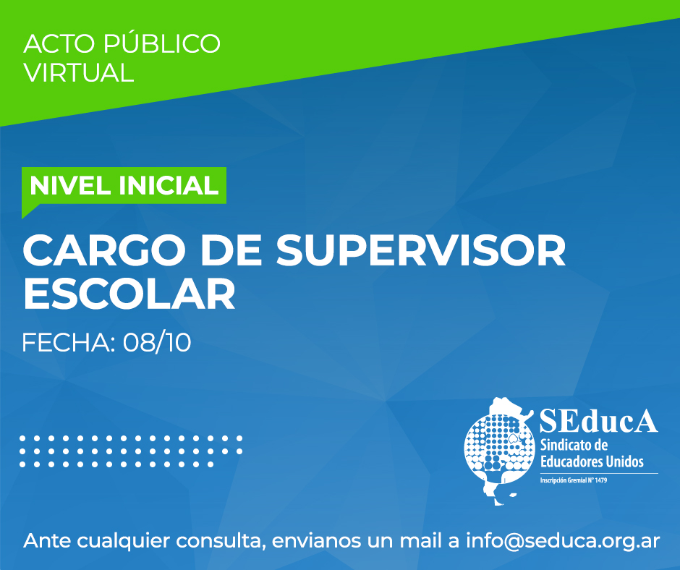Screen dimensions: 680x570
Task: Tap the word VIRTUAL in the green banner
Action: coord(79,72)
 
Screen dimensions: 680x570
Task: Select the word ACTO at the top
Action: coord(59,43)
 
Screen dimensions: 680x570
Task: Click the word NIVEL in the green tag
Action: coord(70,186)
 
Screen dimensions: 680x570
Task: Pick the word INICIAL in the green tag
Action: coord(168,186)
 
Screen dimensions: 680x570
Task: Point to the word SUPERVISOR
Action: coord(421,251)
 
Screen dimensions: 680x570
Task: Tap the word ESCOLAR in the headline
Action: coord(129,295)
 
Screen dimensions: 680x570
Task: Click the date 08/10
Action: coord(157,343)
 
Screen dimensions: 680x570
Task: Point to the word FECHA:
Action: coord(68,343)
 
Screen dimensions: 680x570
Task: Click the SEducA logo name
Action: coord(598,420)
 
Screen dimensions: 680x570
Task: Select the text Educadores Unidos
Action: coord(592,461)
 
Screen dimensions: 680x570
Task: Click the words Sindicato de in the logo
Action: coord(574,445)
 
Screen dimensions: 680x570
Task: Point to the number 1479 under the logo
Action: coord(601,480)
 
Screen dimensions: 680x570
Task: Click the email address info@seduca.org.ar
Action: coord(563,541)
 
